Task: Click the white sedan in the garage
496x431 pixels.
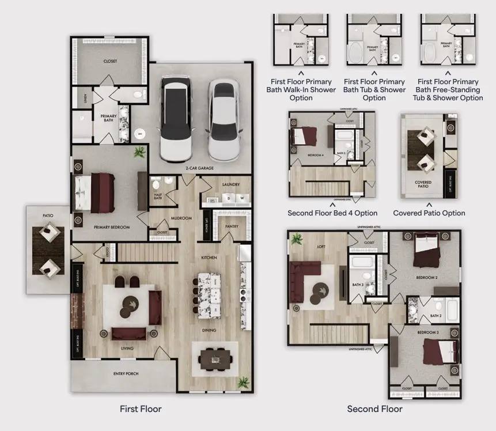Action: tap(224, 120)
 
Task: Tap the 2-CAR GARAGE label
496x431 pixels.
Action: tap(200, 168)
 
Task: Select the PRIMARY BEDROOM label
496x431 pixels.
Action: tap(112, 227)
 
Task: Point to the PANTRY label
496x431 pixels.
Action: tap(232, 226)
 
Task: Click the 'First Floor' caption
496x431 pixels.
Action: tap(141, 409)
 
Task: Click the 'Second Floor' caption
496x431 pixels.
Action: tap(374, 409)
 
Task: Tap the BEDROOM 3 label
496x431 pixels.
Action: tap(427, 332)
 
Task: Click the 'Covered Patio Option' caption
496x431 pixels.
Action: tap(429, 213)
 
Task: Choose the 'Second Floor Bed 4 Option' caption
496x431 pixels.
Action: tap(332, 213)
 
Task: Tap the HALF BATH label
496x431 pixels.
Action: tap(157, 196)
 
